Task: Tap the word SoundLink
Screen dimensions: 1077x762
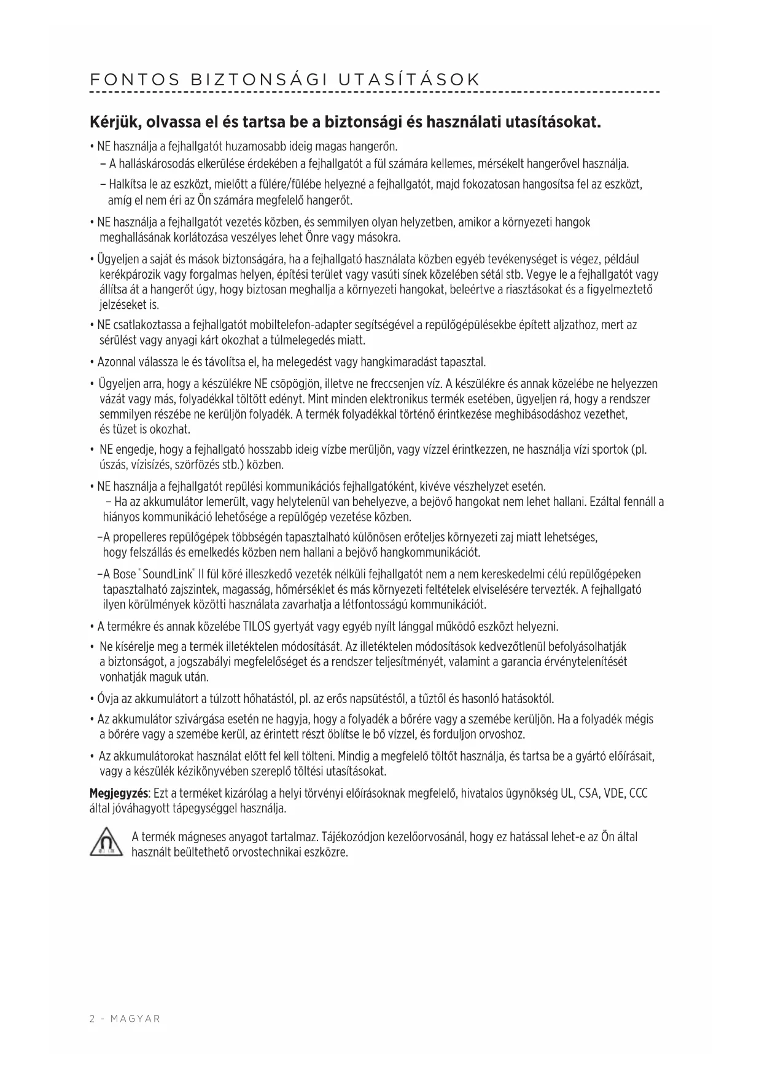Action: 167,575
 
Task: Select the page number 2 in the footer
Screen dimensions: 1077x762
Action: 92,1019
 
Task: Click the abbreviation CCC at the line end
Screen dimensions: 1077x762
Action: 639,793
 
